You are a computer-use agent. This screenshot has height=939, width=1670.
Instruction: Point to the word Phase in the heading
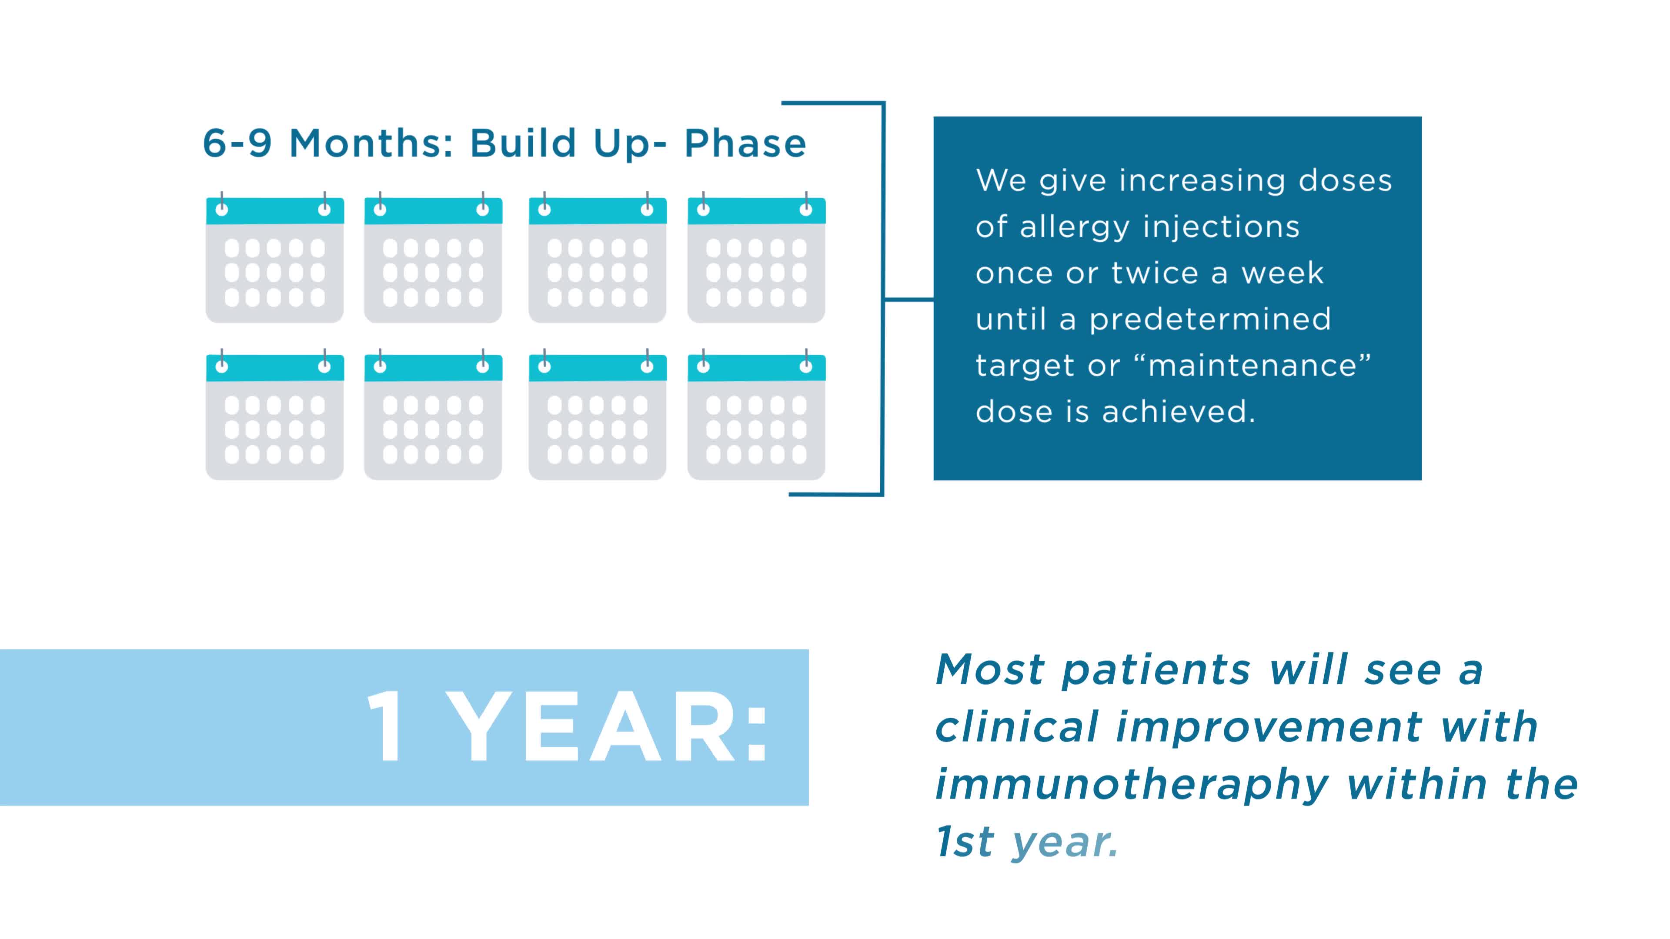[745, 143]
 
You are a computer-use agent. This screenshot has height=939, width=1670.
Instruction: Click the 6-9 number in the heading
[237, 143]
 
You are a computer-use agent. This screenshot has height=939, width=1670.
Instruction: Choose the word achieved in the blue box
[1179, 412]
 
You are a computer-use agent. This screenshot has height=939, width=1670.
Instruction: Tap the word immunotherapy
[1131, 786]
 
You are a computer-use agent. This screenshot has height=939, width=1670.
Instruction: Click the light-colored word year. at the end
[1065, 842]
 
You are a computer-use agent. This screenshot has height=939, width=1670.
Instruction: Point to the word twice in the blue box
[1155, 273]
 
